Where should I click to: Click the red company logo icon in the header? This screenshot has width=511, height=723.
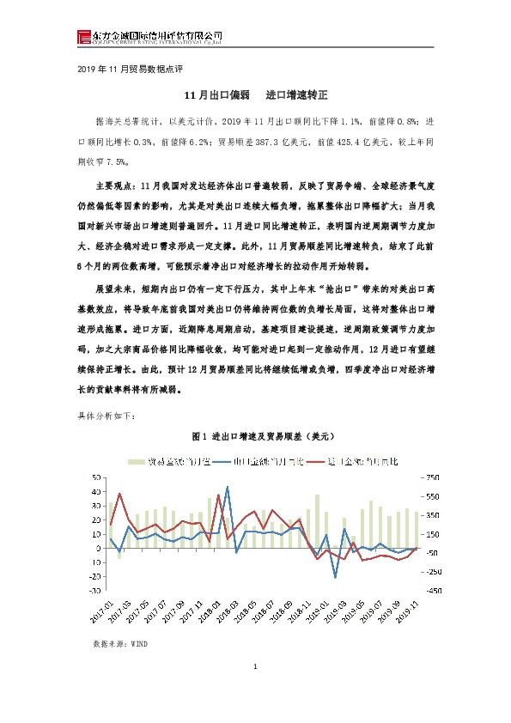[82, 36]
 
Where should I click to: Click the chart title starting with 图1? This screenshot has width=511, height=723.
[257, 436]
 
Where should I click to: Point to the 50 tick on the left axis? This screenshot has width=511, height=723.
[97, 477]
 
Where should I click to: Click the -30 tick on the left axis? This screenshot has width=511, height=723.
[96, 590]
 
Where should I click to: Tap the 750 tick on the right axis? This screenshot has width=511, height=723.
[431, 477]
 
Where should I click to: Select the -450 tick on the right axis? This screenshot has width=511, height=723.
[431, 590]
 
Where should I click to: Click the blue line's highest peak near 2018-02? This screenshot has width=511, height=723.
[228, 487]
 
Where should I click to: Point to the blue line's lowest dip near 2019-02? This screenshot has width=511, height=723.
[335, 577]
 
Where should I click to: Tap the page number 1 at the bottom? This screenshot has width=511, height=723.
[256, 667]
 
